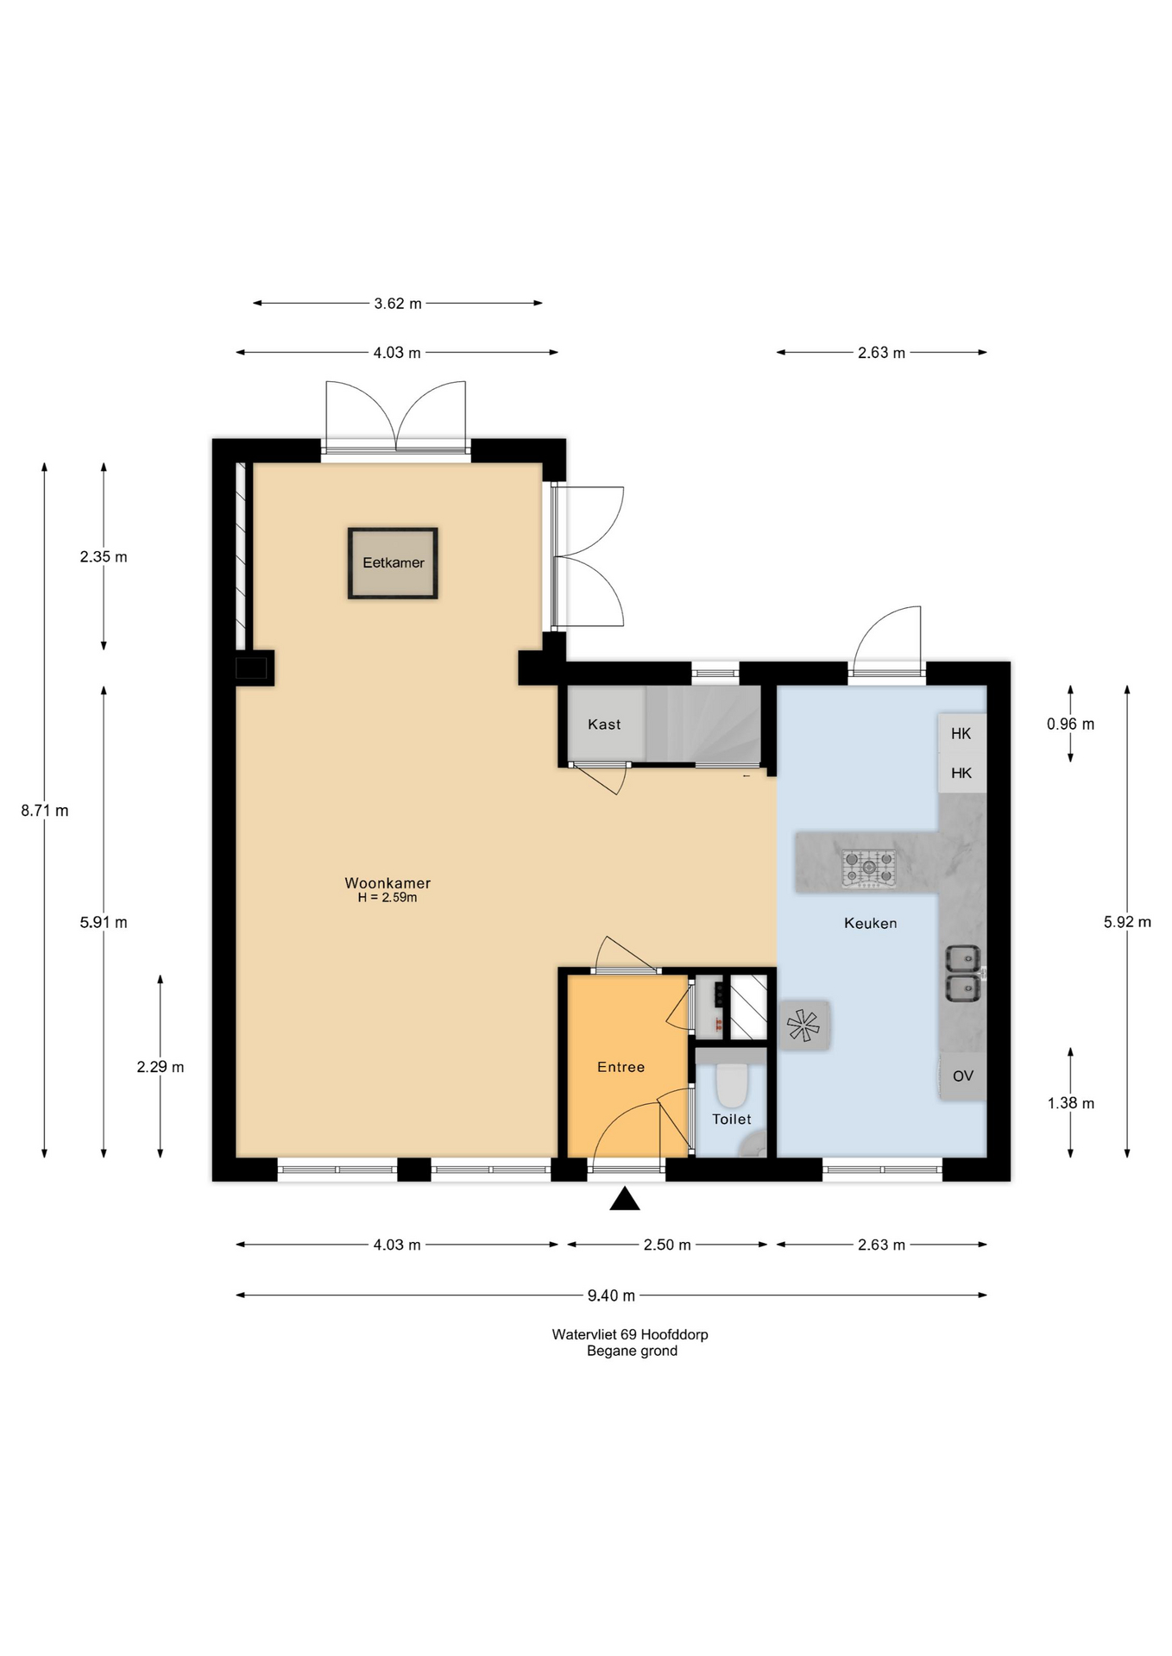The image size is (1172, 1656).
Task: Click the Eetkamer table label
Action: [x=393, y=563]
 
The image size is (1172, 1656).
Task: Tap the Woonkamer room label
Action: [x=388, y=883]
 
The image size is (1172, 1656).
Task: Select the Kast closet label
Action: [x=604, y=724]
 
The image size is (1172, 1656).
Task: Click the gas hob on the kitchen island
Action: [x=869, y=869]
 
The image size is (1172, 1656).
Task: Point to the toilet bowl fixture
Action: [x=732, y=1084]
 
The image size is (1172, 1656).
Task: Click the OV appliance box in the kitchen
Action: [x=963, y=1076]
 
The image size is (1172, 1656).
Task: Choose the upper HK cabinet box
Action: [x=961, y=734]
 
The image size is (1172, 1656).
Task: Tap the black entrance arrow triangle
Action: [x=625, y=1200]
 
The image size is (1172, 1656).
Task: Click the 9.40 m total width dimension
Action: [x=611, y=1295]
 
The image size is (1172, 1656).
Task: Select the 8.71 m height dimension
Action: [x=45, y=811]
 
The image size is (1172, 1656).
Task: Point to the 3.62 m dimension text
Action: [x=398, y=304]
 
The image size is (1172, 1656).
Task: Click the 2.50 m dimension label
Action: [x=667, y=1245]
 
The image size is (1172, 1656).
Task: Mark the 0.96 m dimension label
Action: [x=1070, y=724]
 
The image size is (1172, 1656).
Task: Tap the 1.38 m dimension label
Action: [x=1070, y=1103]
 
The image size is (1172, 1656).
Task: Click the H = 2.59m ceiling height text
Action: [x=388, y=898]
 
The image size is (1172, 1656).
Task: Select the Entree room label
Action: [x=621, y=1068]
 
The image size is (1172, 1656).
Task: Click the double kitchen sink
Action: [x=962, y=974]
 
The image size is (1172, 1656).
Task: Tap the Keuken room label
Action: [x=870, y=924]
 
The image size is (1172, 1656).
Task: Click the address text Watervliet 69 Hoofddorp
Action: [x=630, y=1334]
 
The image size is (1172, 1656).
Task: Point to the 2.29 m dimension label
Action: [x=161, y=1067]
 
